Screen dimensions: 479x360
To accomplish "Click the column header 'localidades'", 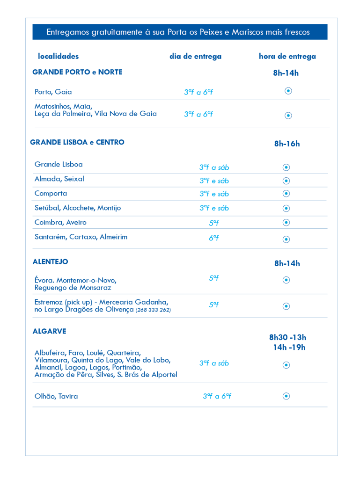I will click(x=58, y=57).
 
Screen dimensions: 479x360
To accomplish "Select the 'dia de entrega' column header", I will click(x=195, y=57).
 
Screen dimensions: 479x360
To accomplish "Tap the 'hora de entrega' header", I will click(x=287, y=57).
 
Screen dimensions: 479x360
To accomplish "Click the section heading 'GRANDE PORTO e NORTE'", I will click(x=77, y=72).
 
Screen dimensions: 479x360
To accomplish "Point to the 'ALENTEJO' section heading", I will click(x=50, y=261).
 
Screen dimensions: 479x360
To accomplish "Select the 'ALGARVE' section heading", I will click(x=49, y=331).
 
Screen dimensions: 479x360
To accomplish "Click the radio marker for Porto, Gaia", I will click(x=288, y=91).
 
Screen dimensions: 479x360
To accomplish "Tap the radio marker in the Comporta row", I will click(x=287, y=194).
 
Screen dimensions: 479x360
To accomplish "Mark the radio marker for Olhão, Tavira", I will click(x=287, y=396).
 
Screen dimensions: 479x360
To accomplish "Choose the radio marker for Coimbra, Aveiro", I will click(x=287, y=222).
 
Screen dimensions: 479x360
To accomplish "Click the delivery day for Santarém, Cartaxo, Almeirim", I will click(x=214, y=238).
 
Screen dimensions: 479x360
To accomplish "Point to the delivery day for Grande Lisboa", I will click(x=214, y=167).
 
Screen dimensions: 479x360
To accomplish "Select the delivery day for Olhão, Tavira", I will click(x=217, y=396).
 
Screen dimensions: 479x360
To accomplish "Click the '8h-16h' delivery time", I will click(x=287, y=144).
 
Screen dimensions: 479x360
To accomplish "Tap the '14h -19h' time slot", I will click(x=289, y=347).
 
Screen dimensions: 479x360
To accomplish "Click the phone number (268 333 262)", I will click(x=153, y=310).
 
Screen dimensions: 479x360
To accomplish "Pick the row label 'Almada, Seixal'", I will click(x=59, y=179).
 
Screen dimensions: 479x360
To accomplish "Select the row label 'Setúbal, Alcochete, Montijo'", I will click(x=78, y=208).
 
